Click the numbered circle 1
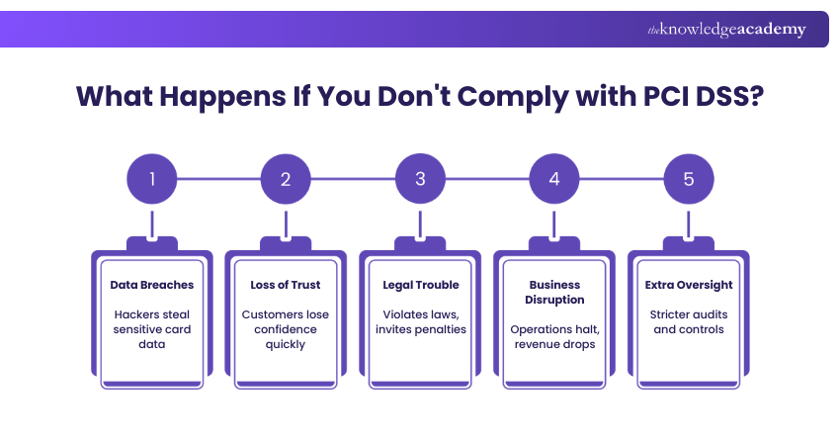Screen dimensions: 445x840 (x=151, y=179)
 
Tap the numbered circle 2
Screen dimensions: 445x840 (x=286, y=179)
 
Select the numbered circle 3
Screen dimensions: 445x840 (x=420, y=179)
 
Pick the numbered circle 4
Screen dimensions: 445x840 (x=554, y=179)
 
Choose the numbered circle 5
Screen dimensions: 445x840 (x=689, y=179)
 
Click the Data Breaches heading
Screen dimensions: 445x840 (x=151, y=285)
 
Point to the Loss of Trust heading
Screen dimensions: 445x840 (x=286, y=285)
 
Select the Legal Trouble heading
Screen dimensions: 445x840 (x=420, y=285)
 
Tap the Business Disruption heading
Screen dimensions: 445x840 (x=554, y=292)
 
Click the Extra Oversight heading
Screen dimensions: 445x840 (x=689, y=285)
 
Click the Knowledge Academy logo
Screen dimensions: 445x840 (x=726, y=30)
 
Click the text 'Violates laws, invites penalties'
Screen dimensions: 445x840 (x=420, y=322)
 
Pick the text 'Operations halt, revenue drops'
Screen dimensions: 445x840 (x=554, y=336)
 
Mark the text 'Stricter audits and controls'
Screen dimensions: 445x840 (x=689, y=322)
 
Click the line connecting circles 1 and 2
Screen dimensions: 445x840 (x=218, y=179)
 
